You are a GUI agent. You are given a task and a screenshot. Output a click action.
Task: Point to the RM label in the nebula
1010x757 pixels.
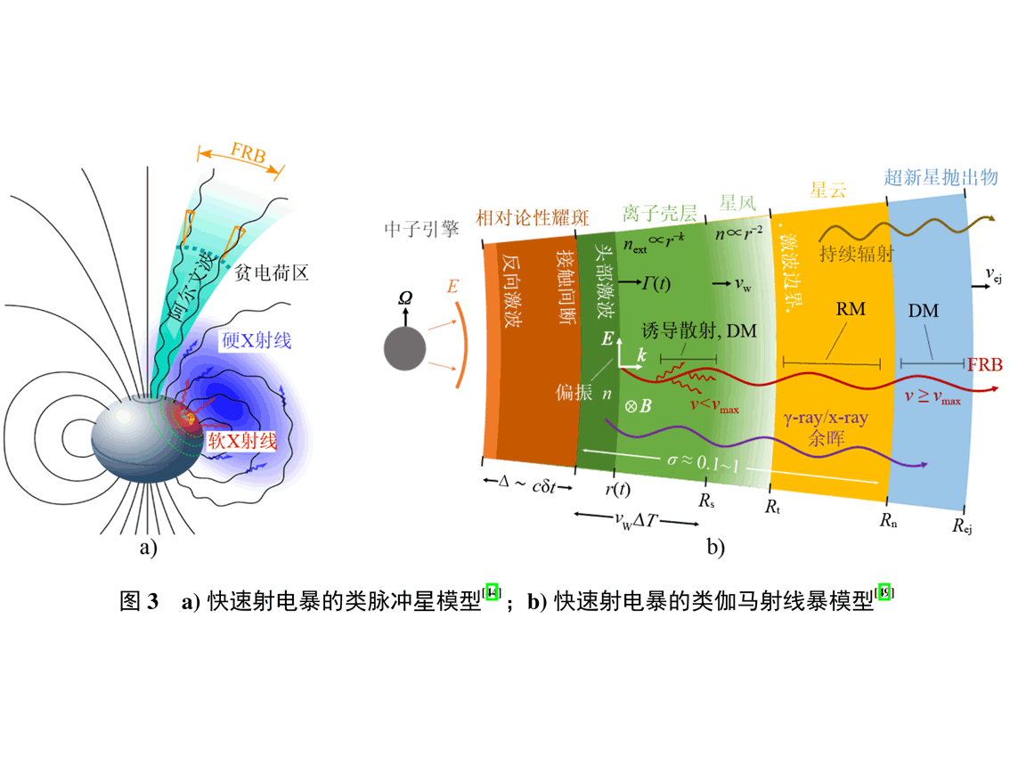pyautogui.click(x=851, y=309)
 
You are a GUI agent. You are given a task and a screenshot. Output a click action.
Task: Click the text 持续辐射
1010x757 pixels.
pyautogui.click(x=854, y=254)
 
